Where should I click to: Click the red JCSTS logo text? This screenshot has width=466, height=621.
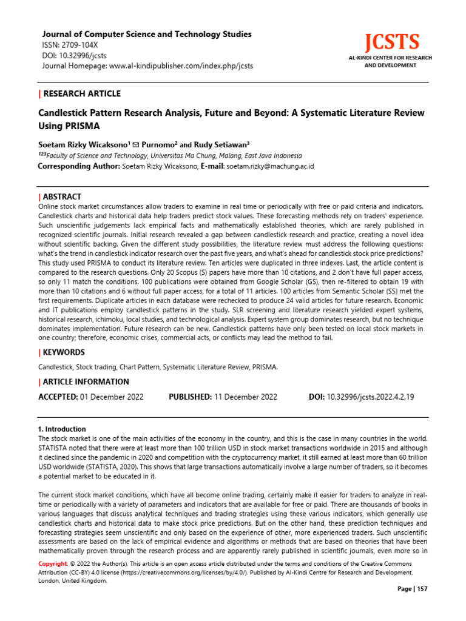pyautogui.click(x=391, y=42)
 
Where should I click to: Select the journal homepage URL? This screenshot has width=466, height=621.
pyautogui.click(x=181, y=65)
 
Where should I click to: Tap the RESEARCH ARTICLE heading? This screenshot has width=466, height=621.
pyautogui.click(x=82, y=93)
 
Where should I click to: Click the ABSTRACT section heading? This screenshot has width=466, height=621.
pyautogui.click(x=62, y=197)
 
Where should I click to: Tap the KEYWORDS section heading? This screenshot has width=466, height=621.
pyautogui.click(x=64, y=352)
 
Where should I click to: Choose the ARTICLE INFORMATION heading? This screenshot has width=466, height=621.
pyautogui.click(x=86, y=382)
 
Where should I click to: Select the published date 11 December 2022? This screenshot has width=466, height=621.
pyautogui.click(x=245, y=397)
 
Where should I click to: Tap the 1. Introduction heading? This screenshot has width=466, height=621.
pyautogui.click(x=62, y=429)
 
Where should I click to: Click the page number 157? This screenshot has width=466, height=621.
pyautogui.click(x=422, y=589)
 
